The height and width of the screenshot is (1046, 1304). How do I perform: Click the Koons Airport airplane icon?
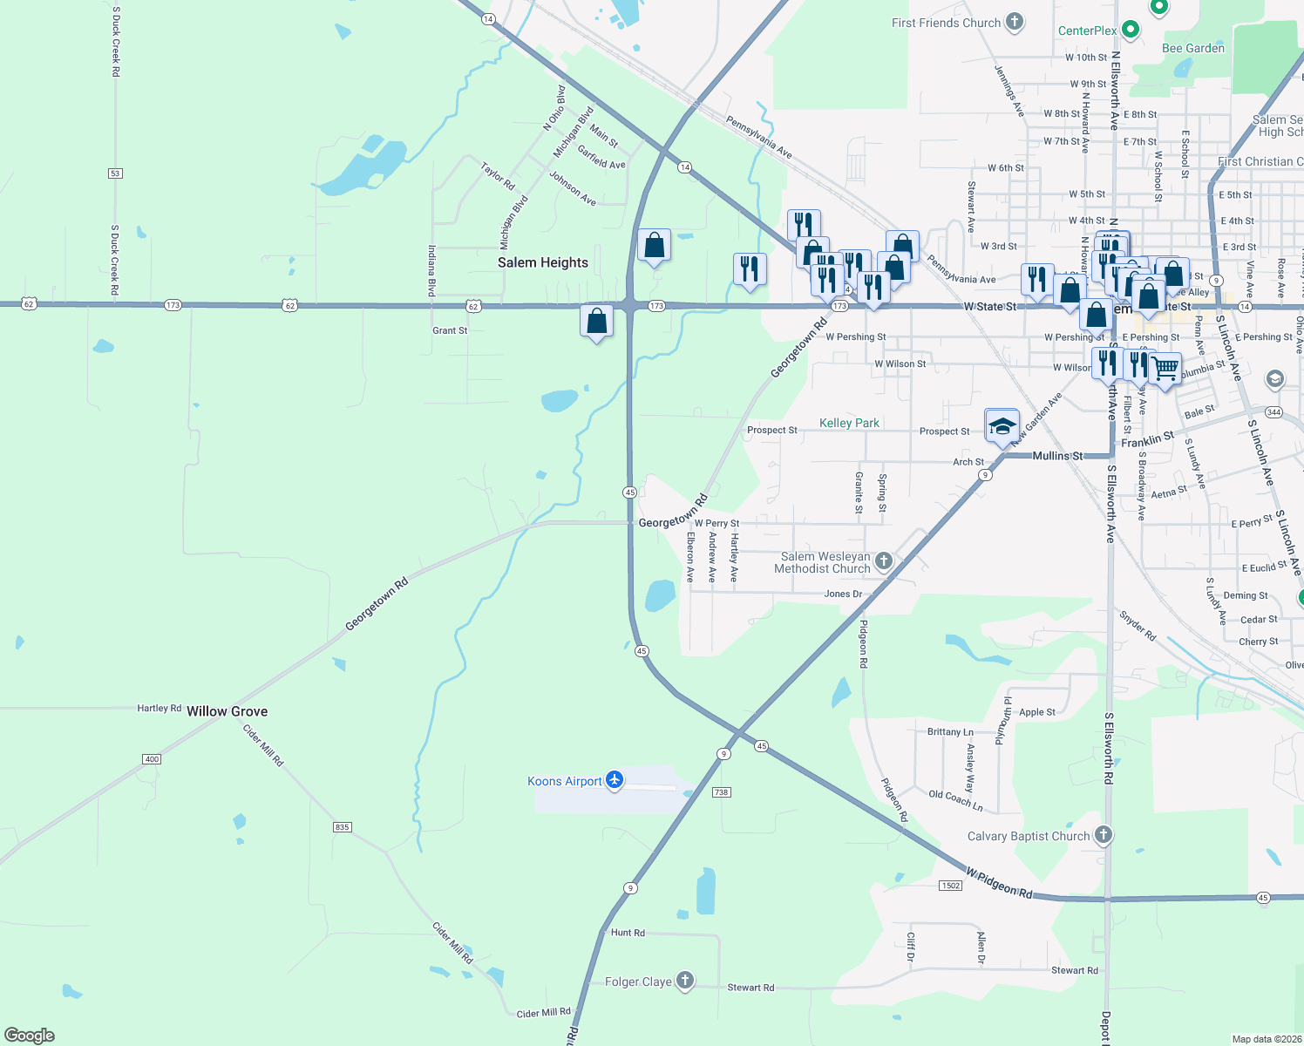click(615, 780)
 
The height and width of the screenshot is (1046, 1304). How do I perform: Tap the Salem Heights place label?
click(542, 262)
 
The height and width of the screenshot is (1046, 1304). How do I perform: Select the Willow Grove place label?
click(227, 711)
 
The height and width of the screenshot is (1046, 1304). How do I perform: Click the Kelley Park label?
click(849, 423)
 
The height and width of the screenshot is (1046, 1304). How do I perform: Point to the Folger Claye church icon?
click(685, 981)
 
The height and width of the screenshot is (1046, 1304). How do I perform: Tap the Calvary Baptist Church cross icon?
click(1104, 835)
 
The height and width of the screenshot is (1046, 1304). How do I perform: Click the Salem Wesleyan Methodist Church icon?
click(884, 560)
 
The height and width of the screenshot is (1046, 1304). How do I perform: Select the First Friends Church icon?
click(1014, 22)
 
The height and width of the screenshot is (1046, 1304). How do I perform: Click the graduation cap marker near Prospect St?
click(1002, 426)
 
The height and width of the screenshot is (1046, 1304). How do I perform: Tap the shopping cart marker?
click(1165, 370)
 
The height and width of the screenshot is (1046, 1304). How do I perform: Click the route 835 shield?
click(342, 826)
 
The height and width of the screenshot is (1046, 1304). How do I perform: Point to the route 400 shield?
click(152, 759)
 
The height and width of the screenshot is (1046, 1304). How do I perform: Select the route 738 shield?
click(721, 792)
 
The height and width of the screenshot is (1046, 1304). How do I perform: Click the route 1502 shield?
click(950, 886)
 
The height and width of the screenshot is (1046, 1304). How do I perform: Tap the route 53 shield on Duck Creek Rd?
click(115, 173)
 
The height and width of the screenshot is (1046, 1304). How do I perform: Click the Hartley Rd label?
click(159, 708)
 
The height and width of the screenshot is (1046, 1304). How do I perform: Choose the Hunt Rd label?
click(628, 933)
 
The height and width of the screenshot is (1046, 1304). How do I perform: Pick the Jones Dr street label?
click(843, 594)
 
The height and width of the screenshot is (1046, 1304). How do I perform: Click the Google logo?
click(30, 1036)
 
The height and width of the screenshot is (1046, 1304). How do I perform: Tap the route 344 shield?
click(1273, 412)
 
